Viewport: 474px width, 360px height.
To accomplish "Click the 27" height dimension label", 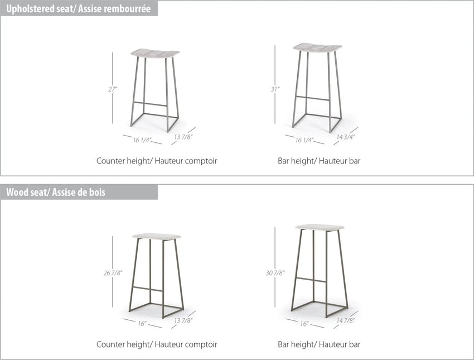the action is [113, 89].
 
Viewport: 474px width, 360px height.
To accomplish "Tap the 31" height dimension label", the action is [275, 89].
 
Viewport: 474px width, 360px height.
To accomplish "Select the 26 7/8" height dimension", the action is [113, 273].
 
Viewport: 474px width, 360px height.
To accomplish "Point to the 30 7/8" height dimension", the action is [275, 273].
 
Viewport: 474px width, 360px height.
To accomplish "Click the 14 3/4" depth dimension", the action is [346, 137].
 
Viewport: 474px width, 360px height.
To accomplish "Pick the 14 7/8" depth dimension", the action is [346, 321].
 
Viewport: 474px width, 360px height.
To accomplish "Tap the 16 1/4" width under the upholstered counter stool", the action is [142, 140].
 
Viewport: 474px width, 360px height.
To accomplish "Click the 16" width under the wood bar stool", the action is [304, 324].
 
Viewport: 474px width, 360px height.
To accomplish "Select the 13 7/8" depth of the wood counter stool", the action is [183, 321].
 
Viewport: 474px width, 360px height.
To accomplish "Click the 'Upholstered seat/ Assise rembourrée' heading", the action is [78, 9].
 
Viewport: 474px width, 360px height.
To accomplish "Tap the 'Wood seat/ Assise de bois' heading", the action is [56, 193].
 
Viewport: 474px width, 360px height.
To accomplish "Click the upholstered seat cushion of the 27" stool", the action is [155, 53].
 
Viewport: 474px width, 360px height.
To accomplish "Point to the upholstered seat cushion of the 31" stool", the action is [317, 47].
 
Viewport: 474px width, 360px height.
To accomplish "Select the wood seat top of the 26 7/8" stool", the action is [157, 236].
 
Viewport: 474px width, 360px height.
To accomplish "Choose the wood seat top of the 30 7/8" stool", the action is [320, 228].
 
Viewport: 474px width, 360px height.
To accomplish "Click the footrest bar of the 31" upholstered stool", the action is [313, 98].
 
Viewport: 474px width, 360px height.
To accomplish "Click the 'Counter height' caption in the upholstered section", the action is [123, 161].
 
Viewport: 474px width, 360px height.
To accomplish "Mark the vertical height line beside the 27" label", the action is [113, 88].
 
